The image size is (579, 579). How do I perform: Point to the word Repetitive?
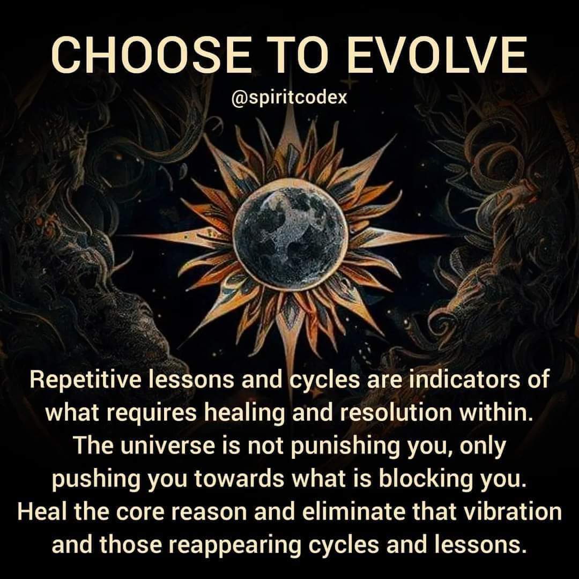pos(86,380)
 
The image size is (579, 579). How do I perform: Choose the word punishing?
pos(333,447)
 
